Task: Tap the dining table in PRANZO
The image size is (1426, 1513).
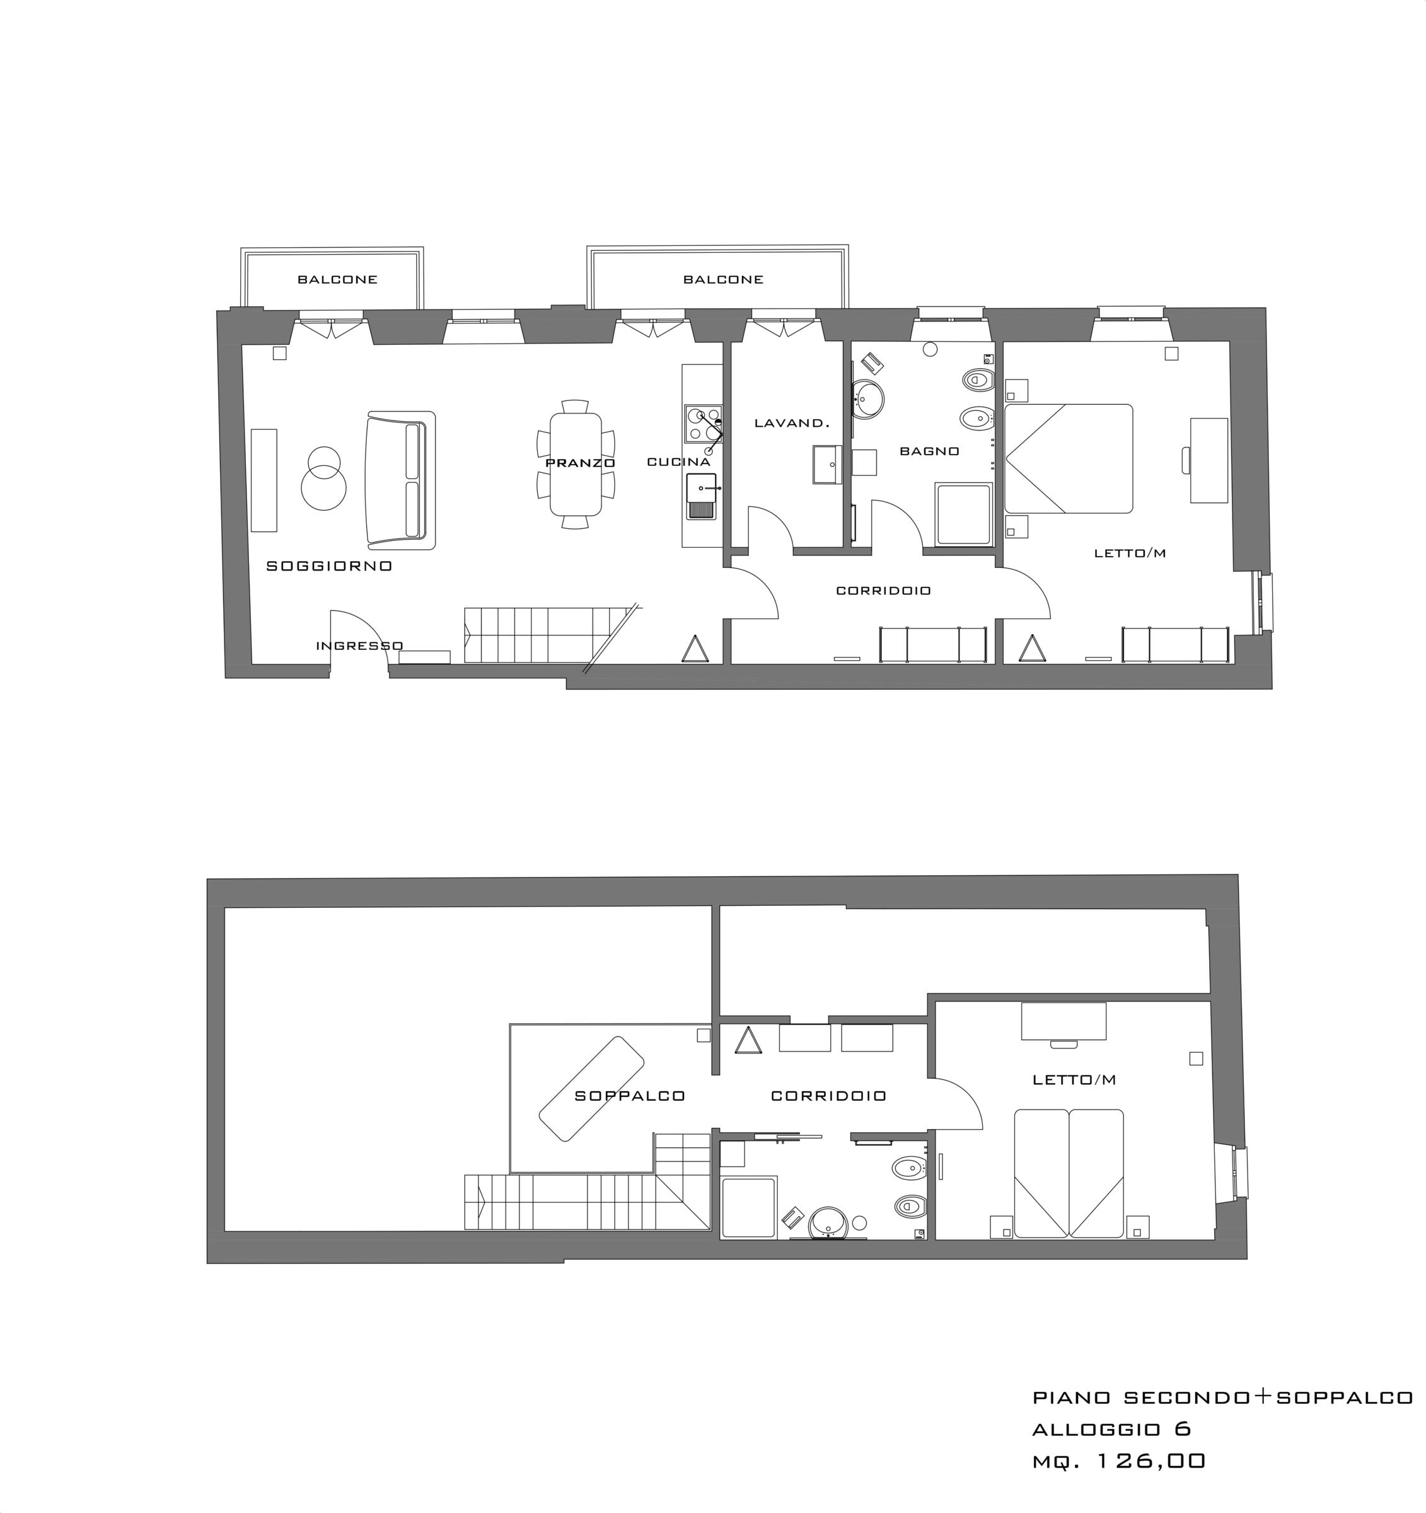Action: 574,463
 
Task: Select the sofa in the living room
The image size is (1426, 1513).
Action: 401,480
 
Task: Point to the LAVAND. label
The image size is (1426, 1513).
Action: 791,422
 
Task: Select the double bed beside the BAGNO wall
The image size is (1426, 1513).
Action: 1069,458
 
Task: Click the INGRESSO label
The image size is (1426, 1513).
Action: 359,646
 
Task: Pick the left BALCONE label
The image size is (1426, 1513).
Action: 337,279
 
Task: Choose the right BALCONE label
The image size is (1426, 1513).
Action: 723,279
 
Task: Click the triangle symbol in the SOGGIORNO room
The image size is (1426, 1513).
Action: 695,649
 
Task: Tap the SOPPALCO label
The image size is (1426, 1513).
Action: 630,1095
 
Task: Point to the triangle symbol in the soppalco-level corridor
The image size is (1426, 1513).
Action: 748,1040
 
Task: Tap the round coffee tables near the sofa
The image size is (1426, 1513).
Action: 323,478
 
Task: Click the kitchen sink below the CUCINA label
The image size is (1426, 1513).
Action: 702,496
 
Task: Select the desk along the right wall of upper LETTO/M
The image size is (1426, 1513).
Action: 1209,460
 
